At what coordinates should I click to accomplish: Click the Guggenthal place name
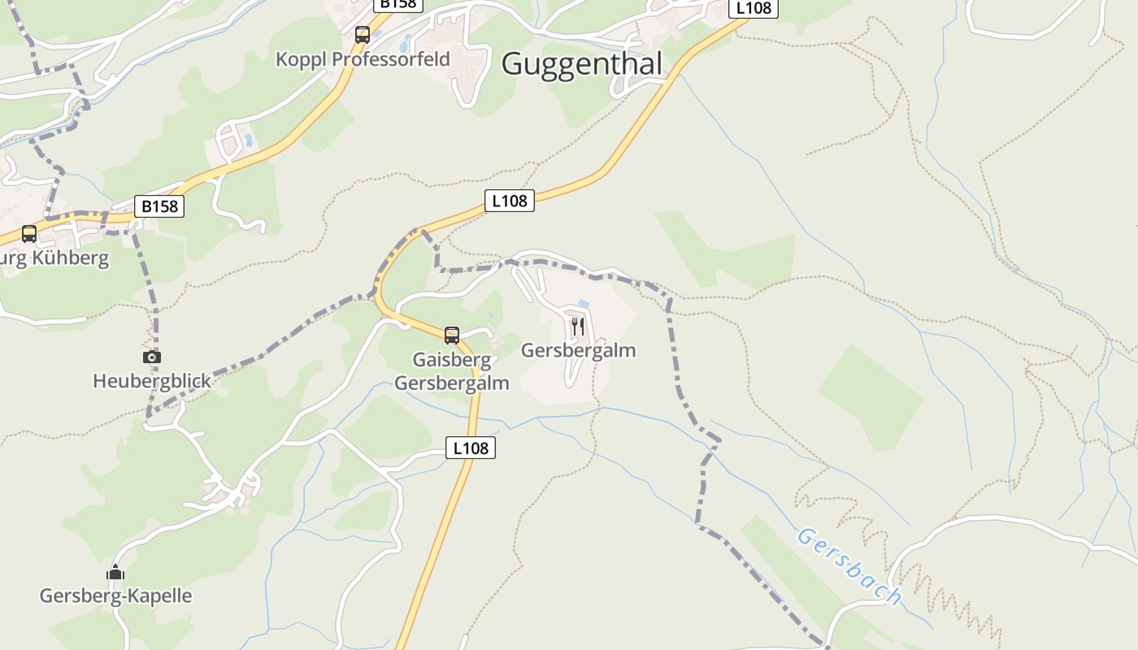pyautogui.click(x=582, y=63)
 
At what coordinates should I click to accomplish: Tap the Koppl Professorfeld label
pyautogui.click(x=363, y=59)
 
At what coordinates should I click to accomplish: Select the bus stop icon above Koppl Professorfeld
pyautogui.click(x=363, y=35)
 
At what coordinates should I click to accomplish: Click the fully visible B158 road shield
pyautogui.click(x=159, y=206)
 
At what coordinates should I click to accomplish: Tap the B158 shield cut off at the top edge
pyautogui.click(x=398, y=4)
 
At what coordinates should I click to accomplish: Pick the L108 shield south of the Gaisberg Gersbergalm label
pyautogui.click(x=471, y=448)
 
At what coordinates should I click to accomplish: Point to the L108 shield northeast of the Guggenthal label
pyautogui.click(x=753, y=8)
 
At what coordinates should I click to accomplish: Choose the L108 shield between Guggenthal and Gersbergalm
pyautogui.click(x=510, y=201)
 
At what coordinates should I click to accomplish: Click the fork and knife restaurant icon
pyautogui.click(x=578, y=327)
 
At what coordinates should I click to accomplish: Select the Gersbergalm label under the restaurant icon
pyautogui.click(x=578, y=351)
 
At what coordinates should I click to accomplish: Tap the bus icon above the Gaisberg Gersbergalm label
pyautogui.click(x=452, y=335)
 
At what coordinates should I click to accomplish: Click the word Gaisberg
pyautogui.click(x=452, y=360)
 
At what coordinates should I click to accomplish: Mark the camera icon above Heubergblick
pyautogui.click(x=152, y=357)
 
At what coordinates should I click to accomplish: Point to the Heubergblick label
pyautogui.click(x=152, y=381)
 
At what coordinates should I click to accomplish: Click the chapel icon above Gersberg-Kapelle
pyautogui.click(x=115, y=573)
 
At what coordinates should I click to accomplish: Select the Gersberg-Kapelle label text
pyautogui.click(x=116, y=596)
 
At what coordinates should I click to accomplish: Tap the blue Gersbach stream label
pyautogui.click(x=849, y=566)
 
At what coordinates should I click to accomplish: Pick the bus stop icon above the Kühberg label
pyautogui.click(x=29, y=234)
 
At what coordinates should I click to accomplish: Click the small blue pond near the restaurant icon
pyautogui.click(x=583, y=304)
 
